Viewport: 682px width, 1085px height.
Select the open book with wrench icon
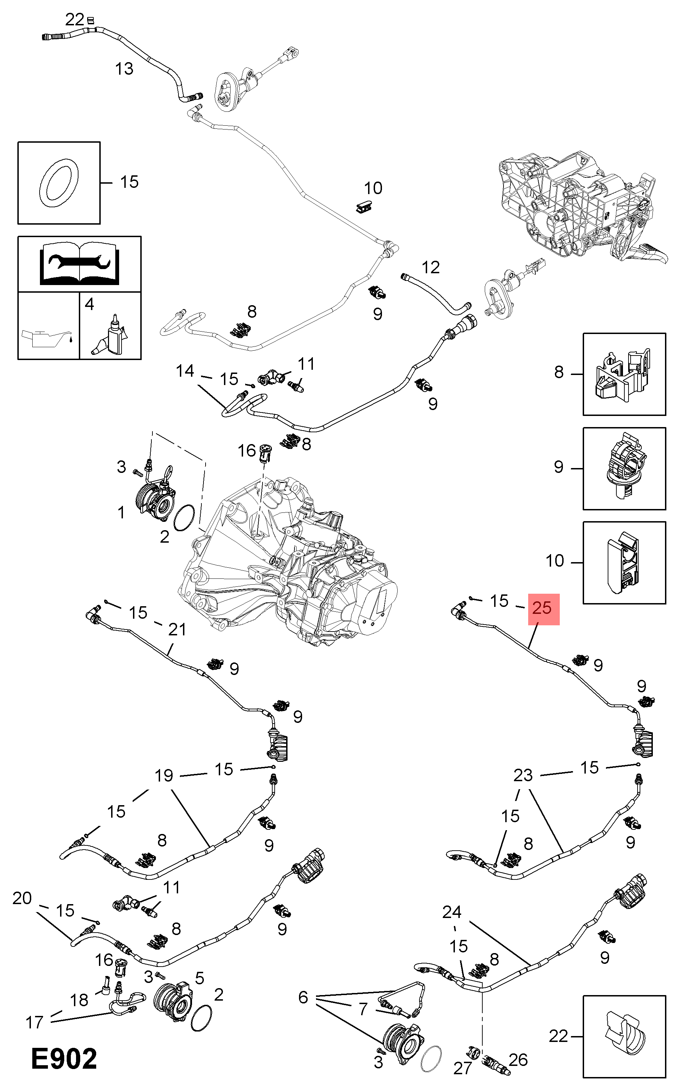pyautogui.click(x=79, y=265)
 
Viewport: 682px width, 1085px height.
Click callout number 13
pyautogui.click(x=124, y=69)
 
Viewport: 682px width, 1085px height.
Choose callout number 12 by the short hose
pyautogui.click(x=431, y=267)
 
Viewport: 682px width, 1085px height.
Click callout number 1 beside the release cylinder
pyautogui.click(x=121, y=512)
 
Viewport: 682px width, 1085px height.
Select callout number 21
pyautogui.click(x=177, y=629)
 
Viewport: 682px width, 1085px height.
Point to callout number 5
pyautogui.click(x=200, y=977)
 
